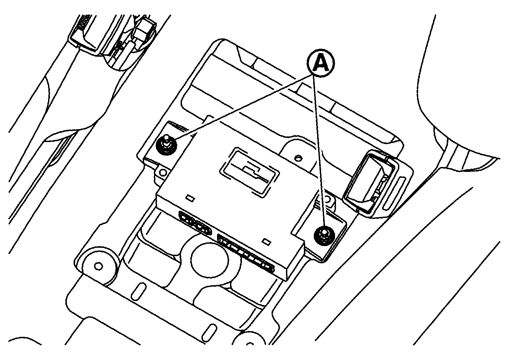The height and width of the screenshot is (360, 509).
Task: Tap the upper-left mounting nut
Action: (x=166, y=146)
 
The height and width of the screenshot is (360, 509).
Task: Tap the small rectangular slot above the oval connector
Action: (x=190, y=198)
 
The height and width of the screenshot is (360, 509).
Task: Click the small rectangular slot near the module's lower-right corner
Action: (x=266, y=242)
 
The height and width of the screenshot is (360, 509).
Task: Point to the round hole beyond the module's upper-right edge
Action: (x=298, y=157)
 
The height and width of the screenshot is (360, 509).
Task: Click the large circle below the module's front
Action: (x=209, y=260)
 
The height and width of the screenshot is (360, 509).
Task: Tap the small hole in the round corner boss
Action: (x=98, y=266)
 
